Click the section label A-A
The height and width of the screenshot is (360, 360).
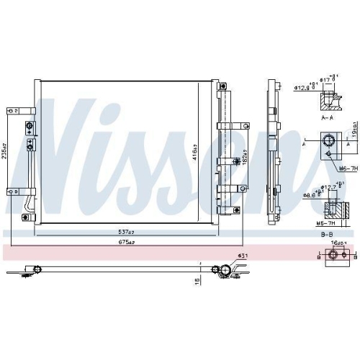(328, 117)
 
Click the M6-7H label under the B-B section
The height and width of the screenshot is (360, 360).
(328, 223)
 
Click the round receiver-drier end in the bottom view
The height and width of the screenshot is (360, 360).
(225, 270)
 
